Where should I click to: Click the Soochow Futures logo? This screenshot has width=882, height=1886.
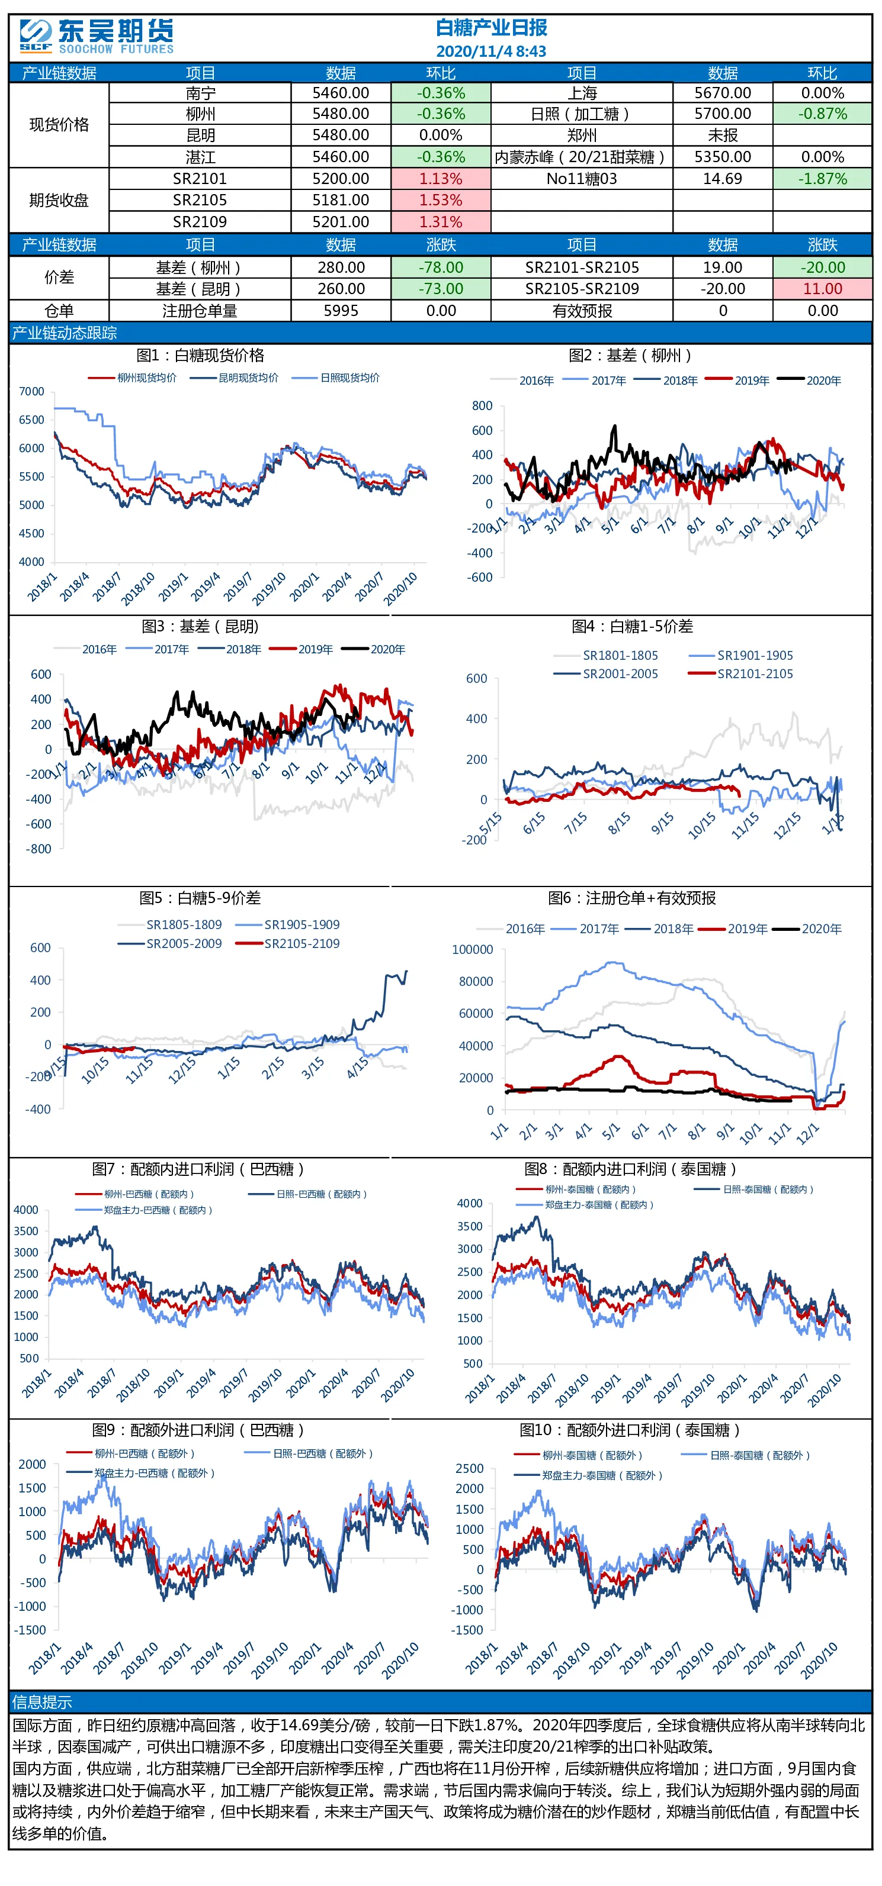(x=97, y=37)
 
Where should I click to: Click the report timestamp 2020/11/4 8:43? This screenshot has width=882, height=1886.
(x=491, y=51)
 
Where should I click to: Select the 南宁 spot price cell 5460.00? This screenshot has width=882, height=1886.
(x=341, y=93)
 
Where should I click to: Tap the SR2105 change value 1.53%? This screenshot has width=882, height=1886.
(x=440, y=200)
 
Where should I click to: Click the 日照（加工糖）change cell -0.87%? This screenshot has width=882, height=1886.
(x=822, y=114)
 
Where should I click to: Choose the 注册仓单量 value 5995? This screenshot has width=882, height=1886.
(x=341, y=311)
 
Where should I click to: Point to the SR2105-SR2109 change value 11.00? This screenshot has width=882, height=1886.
(x=822, y=288)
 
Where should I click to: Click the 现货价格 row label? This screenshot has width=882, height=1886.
(x=59, y=124)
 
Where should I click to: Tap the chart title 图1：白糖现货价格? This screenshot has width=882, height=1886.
(x=200, y=355)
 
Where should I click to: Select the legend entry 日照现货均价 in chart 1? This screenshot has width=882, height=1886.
(x=336, y=378)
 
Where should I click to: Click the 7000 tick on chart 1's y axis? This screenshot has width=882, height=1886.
(x=31, y=392)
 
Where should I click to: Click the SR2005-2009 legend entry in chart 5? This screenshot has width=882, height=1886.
(x=170, y=944)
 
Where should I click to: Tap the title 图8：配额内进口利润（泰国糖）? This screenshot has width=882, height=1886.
(x=630, y=1169)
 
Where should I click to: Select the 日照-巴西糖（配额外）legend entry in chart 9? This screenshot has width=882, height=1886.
(x=309, y=1453)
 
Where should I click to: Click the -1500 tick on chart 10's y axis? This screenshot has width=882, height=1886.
(x=470, y=1630)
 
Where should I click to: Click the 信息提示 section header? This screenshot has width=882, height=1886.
(x=41, y=1702)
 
